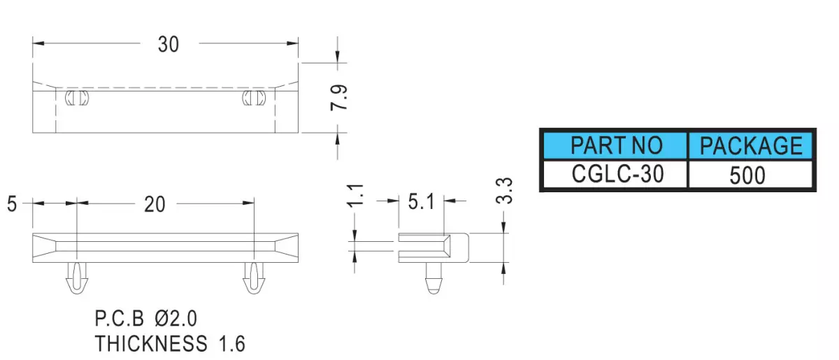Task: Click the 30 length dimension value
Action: click(168, 44)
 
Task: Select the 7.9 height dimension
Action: click(339, 98)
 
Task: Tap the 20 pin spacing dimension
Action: click(155, 205)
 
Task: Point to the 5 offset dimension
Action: click(12, 204)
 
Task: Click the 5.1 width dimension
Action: click(422, 202)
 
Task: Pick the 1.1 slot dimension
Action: click(355, 195)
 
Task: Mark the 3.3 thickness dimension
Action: click(504, 191)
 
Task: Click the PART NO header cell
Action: click(615, 145)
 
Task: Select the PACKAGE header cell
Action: click(751, 145)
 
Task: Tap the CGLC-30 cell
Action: click(615, 174)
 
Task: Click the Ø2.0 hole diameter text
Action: click(175, 319)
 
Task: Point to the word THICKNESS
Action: click(151, 344)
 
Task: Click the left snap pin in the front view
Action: click(77, 278)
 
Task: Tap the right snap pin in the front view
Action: click(254, 278)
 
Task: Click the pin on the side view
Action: click(433, 278)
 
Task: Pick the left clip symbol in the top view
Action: click(77, 98)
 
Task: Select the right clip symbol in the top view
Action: click(254, 98)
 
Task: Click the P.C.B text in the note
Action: click(120, 319)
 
